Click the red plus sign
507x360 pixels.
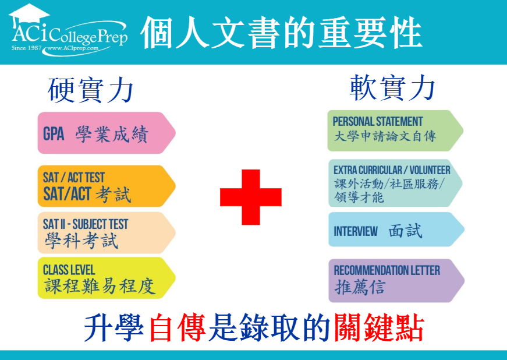[x=251, y=197]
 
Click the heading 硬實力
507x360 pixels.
[x=91, y=91]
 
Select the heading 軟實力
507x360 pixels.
[x=392, y=89]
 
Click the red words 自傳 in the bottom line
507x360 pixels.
[x=178, y=329]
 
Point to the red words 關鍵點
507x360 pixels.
[x=378, y=329]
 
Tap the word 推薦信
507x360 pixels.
[x=360, y=288]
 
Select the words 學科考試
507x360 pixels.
[x=81, y=240]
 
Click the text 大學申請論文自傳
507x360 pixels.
[x=385, y=137]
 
